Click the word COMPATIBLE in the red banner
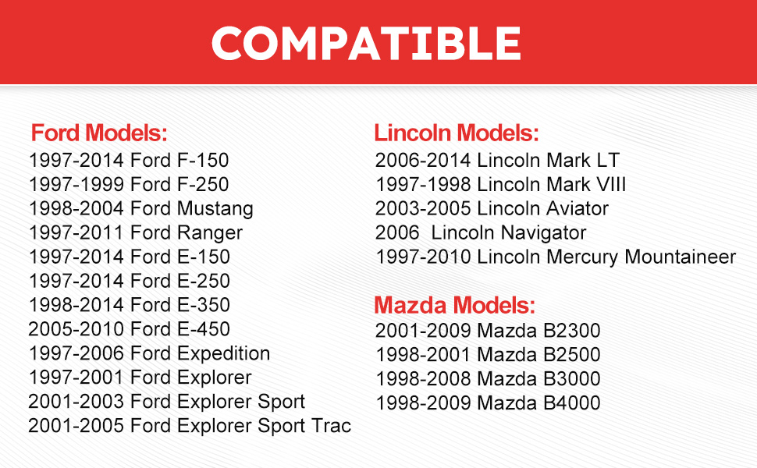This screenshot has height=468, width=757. pos(367,43)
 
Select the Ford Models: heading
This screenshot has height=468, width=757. pos(99,133)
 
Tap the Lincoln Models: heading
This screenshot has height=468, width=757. pos(457,133)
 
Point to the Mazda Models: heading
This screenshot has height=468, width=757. pos(455,305)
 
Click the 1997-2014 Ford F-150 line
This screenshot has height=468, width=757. pos(129,160)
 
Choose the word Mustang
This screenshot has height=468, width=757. pos(215,209)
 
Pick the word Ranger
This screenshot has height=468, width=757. pos(210,233)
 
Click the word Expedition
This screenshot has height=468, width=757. pos(223,354)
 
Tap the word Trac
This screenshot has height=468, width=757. pos(331,426)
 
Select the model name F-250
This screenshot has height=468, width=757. pos(203,184)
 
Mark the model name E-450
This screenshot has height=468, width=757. pos(204,329)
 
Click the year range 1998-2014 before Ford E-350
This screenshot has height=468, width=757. pos(76,305)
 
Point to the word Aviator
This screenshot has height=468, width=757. pos(578,208)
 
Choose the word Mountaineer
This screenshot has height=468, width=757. pos(681,257)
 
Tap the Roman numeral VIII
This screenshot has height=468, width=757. pos(611,184)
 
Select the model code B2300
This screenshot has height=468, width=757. pos(572,331)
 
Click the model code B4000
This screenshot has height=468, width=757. pos(572,402)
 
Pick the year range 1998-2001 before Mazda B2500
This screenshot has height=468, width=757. pos(423,355)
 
